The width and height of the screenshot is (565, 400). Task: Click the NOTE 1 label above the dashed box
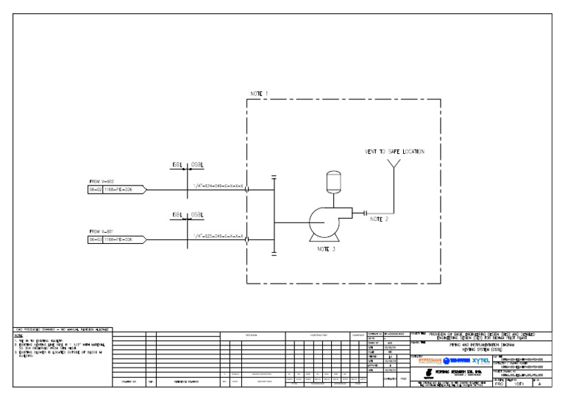click(259, 94)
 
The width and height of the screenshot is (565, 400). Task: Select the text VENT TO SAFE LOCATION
click(394, 152)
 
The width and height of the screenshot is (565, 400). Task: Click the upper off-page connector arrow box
click(116, 189)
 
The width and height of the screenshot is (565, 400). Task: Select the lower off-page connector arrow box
click(116, 239)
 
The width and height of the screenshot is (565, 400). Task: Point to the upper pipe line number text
click(218, 186)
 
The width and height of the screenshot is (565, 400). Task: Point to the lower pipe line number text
click(218, 236)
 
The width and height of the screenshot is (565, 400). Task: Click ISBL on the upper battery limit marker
click(177, 164)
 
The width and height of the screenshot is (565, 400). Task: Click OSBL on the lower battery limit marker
click(197, 214)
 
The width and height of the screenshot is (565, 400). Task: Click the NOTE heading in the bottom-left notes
click(18, 335)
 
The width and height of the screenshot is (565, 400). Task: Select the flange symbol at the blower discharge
click(365, 213)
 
